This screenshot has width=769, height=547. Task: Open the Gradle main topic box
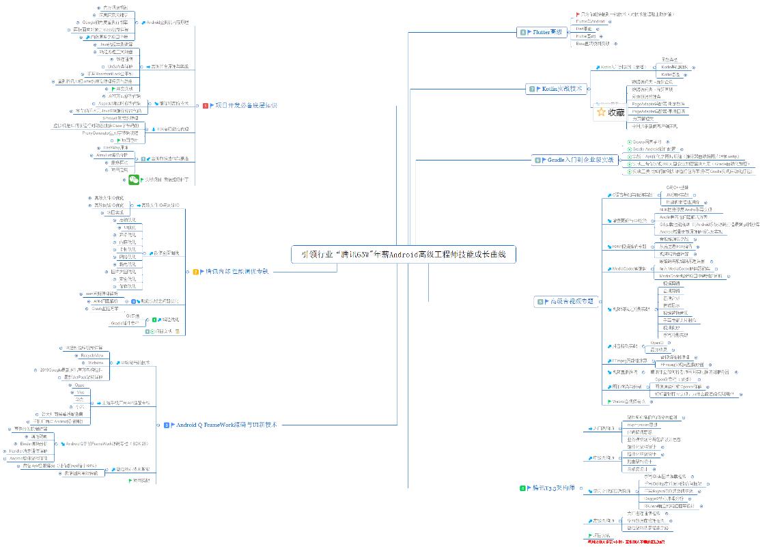pos(574,160)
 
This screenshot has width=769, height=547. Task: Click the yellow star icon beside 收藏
pos(601,113)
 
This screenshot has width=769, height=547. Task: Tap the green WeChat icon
pos(134,180)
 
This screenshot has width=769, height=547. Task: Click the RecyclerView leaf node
pos(92,356)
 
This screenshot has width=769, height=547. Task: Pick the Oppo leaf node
pos(80,385)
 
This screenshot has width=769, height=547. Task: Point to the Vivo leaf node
pos(80,392)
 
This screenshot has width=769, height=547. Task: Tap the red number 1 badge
pos(206,106)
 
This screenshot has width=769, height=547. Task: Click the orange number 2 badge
pos(196,271)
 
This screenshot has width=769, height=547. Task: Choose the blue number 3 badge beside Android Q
pos(167,425)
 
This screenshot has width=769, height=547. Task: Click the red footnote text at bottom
pos(626,542)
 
